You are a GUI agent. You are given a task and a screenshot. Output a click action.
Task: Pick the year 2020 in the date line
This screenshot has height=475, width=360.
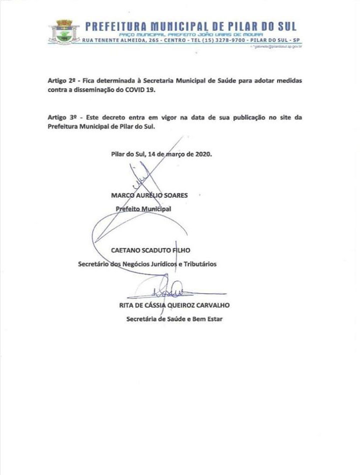[203, 154]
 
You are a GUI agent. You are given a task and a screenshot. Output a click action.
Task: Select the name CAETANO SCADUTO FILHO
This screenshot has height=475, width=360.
[151, 249]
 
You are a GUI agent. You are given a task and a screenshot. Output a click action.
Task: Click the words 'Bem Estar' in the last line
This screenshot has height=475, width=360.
[208, 318]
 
